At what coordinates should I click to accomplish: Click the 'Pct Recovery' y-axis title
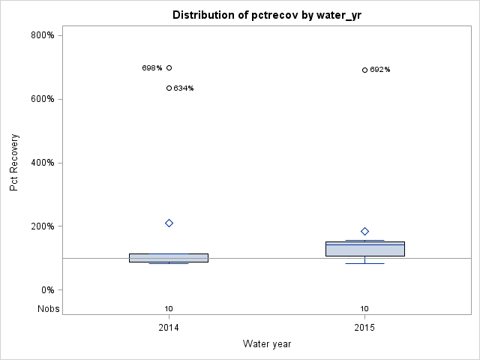click(x=14, y=163)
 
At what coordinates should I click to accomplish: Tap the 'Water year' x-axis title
click(x=267, y=343)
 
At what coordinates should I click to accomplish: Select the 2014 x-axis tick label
click(x=169, y=328)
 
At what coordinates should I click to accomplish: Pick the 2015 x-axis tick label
click(x=364, y=328)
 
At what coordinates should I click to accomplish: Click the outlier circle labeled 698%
click(x=169, y=67)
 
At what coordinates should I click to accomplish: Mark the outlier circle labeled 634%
click(x=169, y=88)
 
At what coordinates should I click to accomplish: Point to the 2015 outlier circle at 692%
click(x=364, y=70)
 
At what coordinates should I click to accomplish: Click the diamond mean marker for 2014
click(x=169, y=223)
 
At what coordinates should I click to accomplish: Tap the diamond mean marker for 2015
click(x=364, y=231)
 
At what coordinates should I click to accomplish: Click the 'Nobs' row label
click(x=47, y=308)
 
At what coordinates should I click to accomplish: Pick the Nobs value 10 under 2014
click(x=169, y=308)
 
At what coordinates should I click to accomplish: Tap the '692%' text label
click(x=380, y=70)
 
